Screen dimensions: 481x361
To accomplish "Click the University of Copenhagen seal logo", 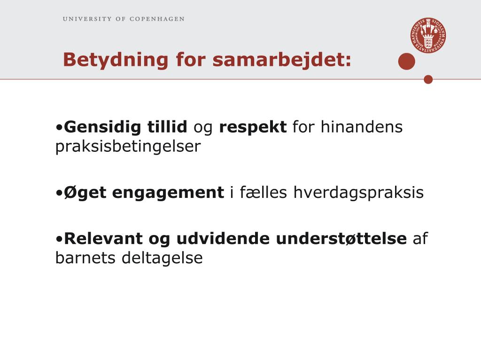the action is tap(428, 35).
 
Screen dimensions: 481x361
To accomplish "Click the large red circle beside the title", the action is tap(406, 62).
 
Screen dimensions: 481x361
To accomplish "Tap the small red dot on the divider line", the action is tap(428, 79).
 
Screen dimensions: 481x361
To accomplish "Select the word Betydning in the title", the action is tap(116, 60).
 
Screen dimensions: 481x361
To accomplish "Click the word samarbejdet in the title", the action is tap(282, 60).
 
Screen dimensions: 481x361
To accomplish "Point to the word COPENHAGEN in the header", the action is tap(157, 19).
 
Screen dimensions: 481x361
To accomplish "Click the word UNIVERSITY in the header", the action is tap(87, 19).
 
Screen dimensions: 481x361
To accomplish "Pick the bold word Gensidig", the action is tap(102, 127).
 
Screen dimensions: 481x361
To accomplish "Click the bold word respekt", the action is tap(253, 127).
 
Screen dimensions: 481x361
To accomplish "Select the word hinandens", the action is tap(361, 126).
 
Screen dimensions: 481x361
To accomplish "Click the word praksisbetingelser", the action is tap(128, 147).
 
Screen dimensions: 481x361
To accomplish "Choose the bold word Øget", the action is tap(85, 193).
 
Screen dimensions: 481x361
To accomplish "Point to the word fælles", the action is tap(263, 192).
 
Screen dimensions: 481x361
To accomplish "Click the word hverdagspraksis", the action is tap(358, 193).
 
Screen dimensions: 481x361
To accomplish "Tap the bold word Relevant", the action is tap(103, 238).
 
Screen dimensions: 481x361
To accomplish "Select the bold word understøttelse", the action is tap(341, 238).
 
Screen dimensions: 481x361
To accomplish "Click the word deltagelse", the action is tap(162, 258).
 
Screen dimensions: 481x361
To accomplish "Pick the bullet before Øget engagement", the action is tap(59, 193).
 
